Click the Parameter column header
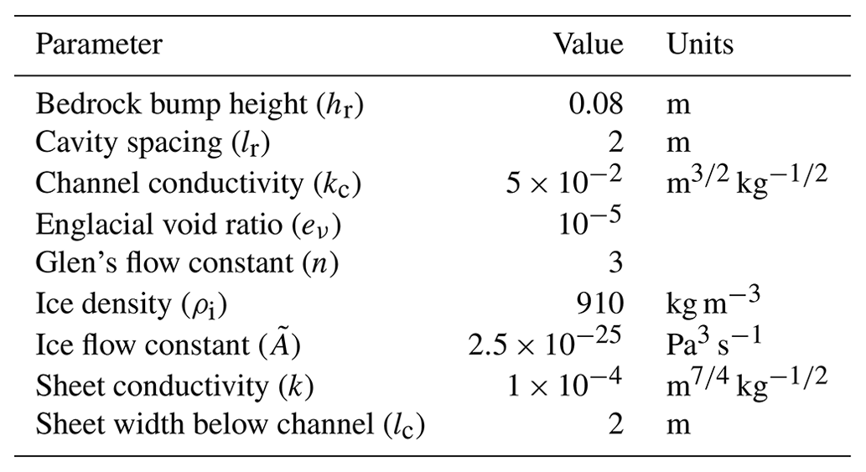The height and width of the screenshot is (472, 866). (99, 44)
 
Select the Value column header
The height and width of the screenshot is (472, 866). (589, 44)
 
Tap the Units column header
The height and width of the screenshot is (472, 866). (700, 44)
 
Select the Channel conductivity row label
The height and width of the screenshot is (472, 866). (198, 184)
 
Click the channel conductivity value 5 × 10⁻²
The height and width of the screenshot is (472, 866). (563, 182)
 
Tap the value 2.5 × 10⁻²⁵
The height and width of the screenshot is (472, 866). (546, 343)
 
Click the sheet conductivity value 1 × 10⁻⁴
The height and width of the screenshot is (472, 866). (563, 383)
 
